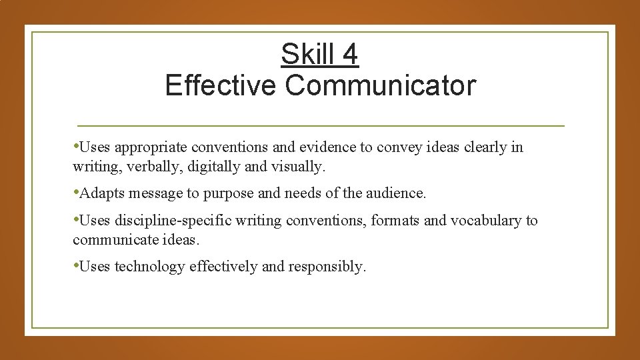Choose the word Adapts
pyautogui.click(x=101, y=193)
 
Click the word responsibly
pyautogui.click(x=327, y=267)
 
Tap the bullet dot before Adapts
pyautogui.click(x=76, y=193)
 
